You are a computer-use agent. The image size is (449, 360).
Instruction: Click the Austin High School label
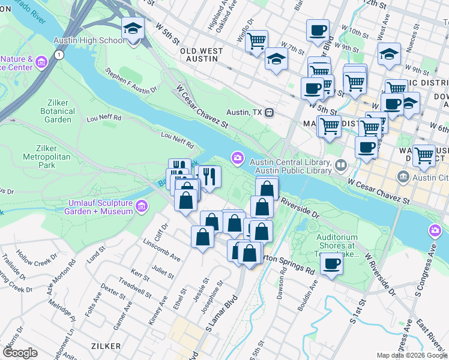(x=89, y=41)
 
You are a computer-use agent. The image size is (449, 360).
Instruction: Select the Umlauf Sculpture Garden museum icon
(x=142, y=206)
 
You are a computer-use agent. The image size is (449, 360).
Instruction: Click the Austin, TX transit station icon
(x=270, y=112)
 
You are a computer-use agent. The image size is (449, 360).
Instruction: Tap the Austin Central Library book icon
(x=341, y=164)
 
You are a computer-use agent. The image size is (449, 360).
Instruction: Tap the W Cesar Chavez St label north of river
(x=202, y=107)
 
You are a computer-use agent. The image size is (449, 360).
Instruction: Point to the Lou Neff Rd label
(x=177, y=140)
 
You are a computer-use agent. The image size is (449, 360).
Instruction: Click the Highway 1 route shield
(x=58, y=55)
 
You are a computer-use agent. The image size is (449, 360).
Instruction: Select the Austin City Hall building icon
(x=402, y=177)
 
